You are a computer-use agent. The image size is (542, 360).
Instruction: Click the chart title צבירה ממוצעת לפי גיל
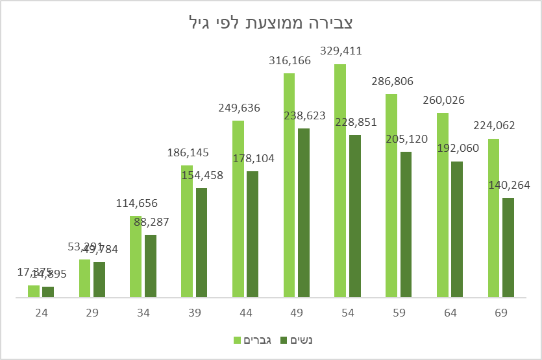271,23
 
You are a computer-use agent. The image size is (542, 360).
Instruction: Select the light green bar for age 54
340,181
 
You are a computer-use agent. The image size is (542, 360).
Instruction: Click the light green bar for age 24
34,291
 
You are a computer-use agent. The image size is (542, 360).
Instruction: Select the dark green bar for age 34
151,266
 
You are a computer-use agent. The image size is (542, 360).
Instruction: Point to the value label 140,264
508,185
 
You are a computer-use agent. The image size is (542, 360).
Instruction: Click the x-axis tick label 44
245,313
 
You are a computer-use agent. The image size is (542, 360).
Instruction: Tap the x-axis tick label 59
399,313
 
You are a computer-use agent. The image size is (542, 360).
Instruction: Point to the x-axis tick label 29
92,313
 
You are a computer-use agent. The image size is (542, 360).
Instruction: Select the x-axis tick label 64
450,313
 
